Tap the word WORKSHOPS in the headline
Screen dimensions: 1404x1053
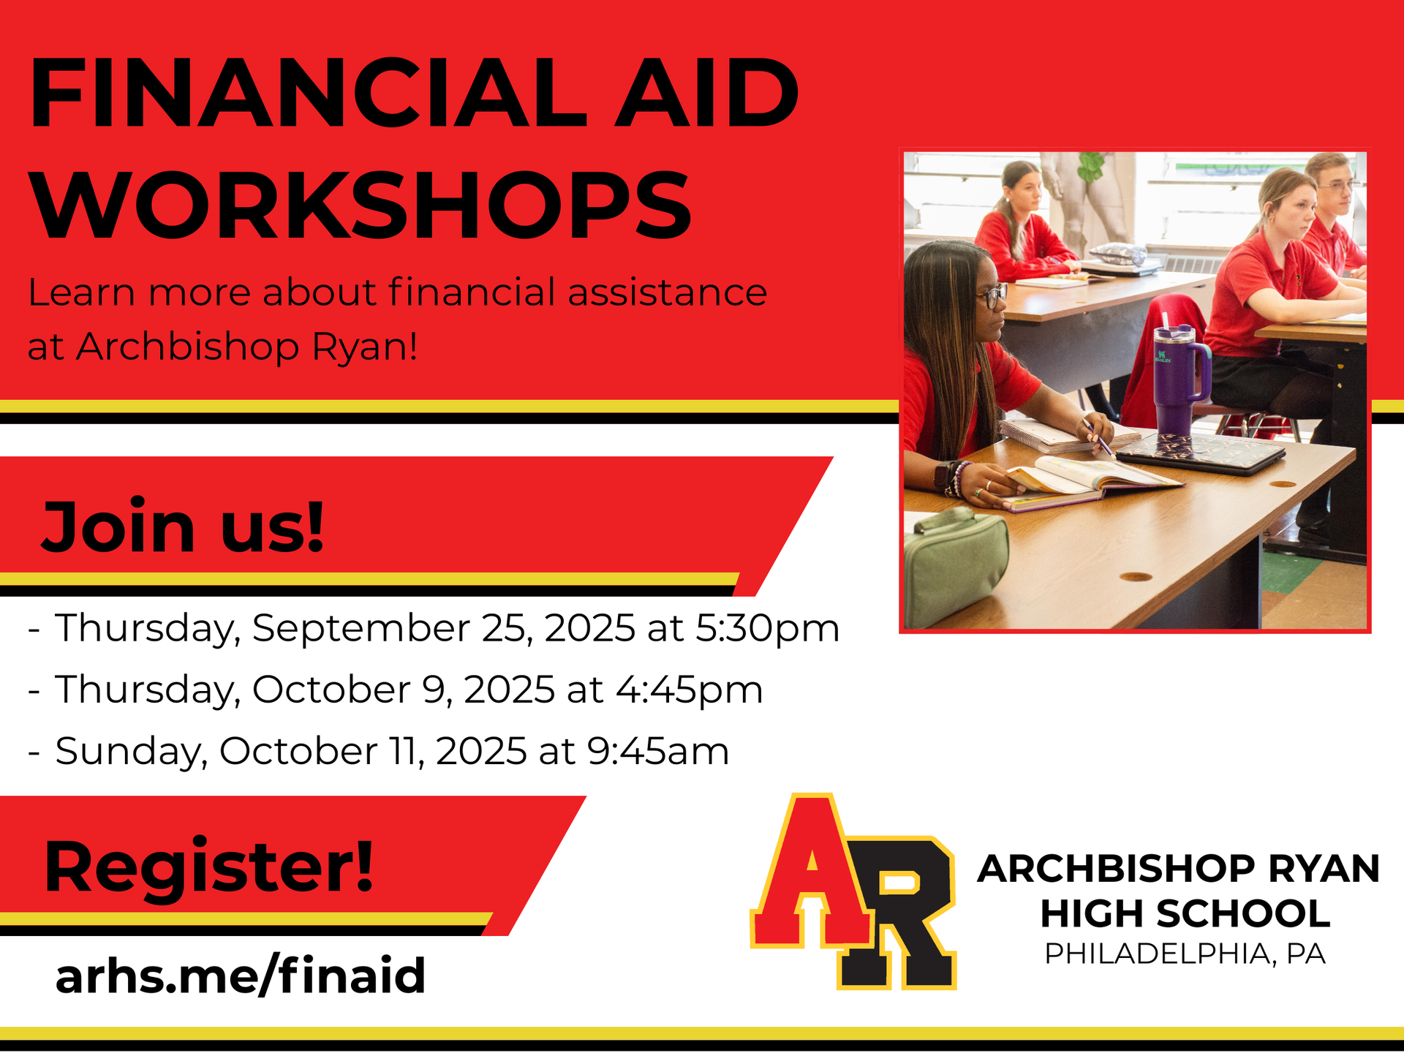360,204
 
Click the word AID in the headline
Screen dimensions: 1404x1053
706,93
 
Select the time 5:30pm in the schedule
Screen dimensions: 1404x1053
767,627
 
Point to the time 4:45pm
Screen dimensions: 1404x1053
689,689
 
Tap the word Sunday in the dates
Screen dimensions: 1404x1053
132,752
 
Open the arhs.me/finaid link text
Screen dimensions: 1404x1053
241,976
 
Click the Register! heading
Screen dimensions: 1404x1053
209,867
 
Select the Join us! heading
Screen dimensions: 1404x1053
183,526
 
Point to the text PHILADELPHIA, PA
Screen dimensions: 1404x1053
1185,954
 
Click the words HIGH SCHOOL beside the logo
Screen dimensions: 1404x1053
1185,913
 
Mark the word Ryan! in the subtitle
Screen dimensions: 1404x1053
365,347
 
